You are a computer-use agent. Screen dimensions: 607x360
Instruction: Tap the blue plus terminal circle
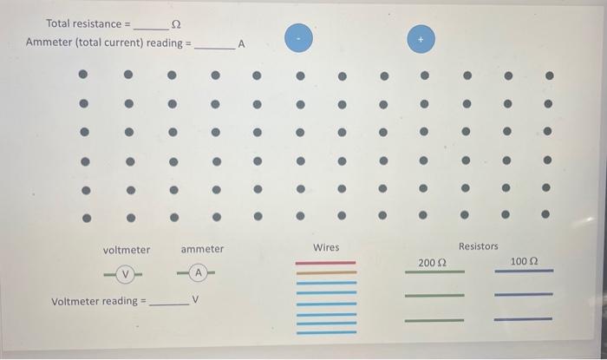tap(421, 38)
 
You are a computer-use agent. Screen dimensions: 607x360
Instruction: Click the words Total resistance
tap(83, 23)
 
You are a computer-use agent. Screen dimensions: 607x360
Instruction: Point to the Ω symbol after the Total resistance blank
tap(177, 23)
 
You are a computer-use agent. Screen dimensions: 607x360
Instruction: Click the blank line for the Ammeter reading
tap(212, 47)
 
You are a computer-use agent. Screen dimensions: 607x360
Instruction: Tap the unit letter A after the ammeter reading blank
tap(242, 43)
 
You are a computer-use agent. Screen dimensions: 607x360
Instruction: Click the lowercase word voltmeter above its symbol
tap(127, 250)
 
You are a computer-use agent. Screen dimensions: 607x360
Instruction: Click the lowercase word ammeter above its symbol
tap(202, 250)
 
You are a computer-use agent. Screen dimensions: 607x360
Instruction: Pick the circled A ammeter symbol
tap(199, 273)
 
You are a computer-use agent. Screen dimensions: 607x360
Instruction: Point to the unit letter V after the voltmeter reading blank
tap(196, 301)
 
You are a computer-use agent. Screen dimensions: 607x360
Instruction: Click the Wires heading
tap(326, 248)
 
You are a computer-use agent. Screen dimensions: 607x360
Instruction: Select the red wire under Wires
tap(326, 262)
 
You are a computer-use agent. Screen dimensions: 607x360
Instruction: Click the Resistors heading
tap(479, 246)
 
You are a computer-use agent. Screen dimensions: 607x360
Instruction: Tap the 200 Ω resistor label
tap(432, 262)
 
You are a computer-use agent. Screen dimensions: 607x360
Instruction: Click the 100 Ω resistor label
tap(524, 261)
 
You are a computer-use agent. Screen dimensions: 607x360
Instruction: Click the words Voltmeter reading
tap(95, 302)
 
